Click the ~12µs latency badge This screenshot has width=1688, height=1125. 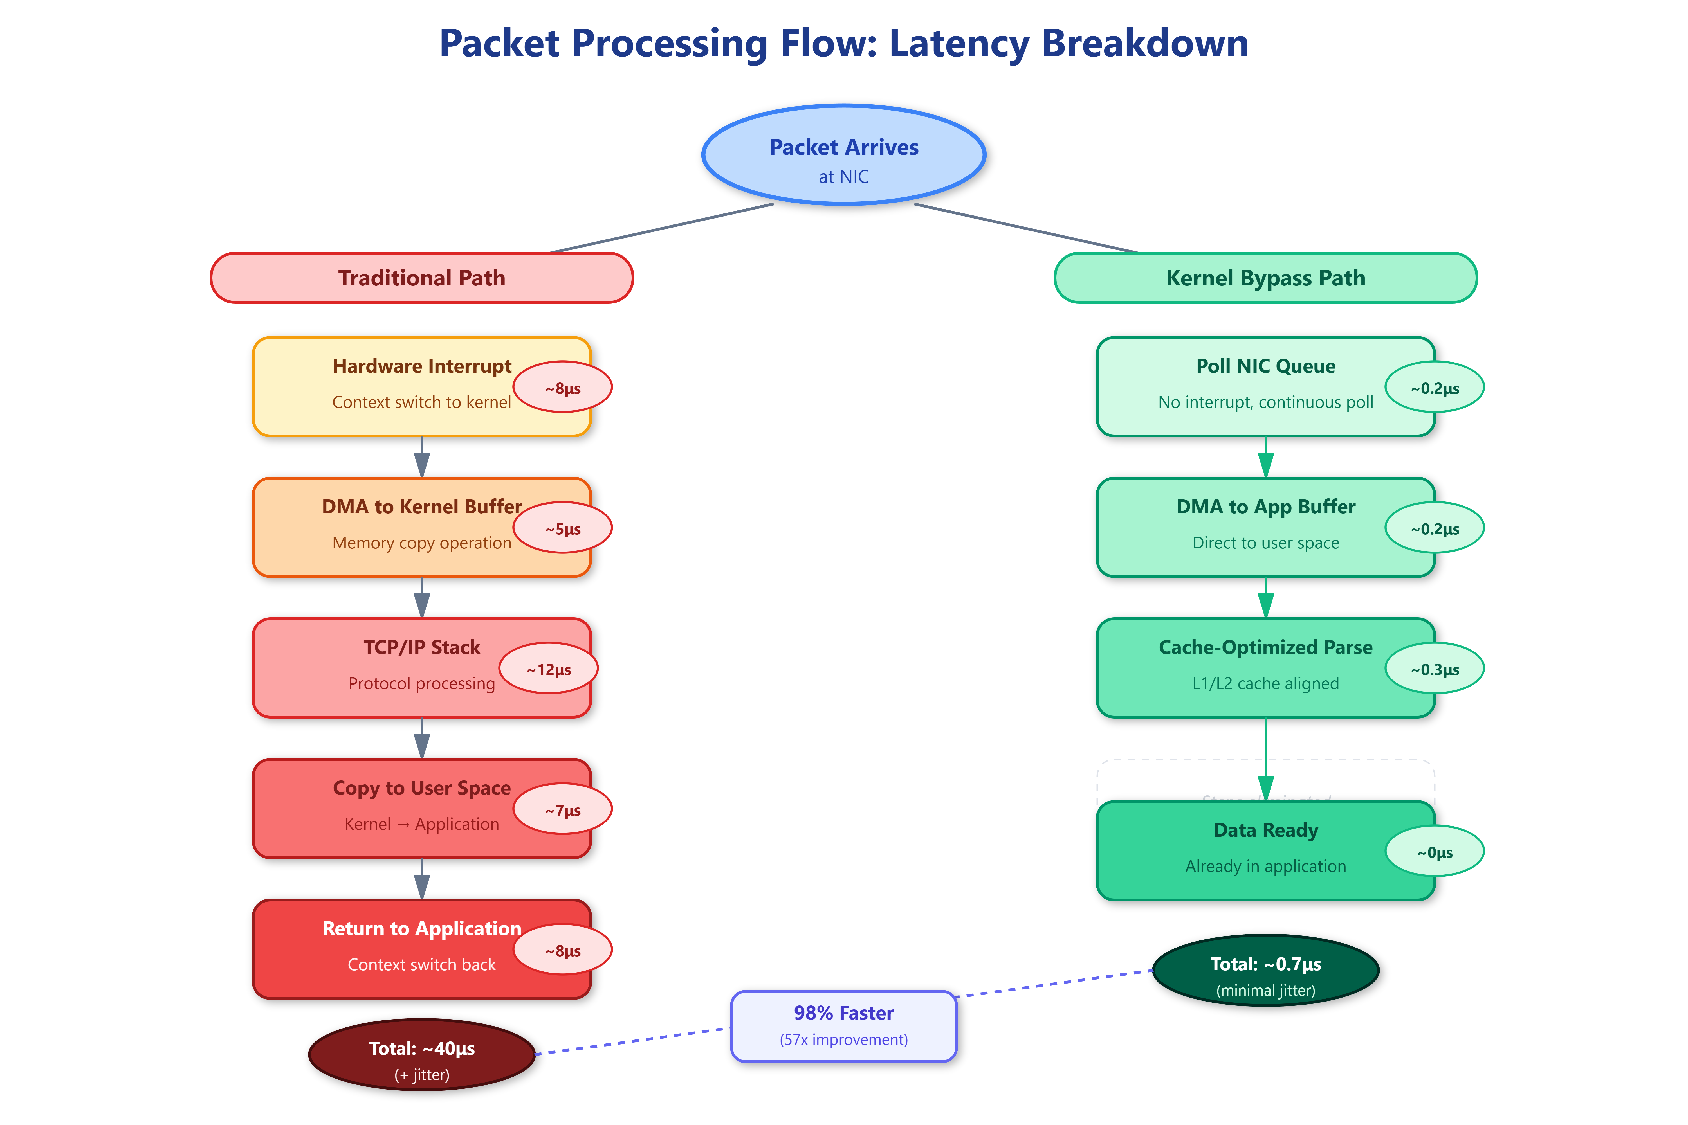point(549,669)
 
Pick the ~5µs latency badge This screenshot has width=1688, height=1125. point(563,528)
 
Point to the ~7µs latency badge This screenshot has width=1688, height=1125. point(563,809)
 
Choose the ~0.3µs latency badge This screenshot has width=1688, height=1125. point(1435,669)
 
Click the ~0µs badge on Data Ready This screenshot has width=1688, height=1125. point(1435,852)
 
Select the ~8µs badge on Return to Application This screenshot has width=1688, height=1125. point(563,950)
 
